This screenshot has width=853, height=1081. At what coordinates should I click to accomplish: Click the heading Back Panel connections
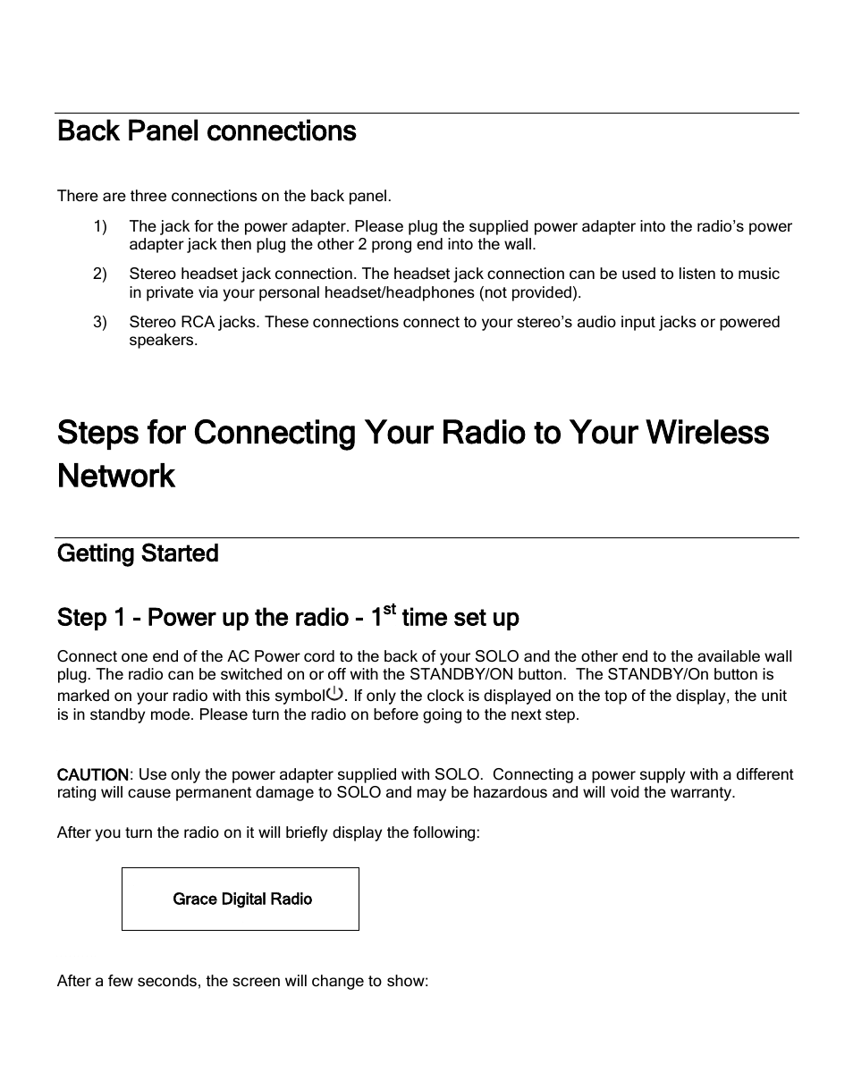point(207,131)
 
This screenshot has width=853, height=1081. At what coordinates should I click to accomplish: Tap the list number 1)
point(99,226)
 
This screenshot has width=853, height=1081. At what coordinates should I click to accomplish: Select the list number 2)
point(99,274)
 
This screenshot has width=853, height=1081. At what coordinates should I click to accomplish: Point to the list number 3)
point(99,322)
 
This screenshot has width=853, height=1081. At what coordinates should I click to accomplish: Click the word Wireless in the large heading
point(706,433)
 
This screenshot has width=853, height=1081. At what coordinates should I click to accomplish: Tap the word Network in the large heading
point(116,476)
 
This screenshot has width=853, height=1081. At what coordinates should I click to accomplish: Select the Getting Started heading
point(138,553)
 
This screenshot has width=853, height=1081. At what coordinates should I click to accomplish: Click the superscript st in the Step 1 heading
point(389,611)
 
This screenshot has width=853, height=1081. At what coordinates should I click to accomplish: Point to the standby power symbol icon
point(335,694)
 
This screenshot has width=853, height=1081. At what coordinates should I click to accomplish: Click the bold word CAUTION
point(93,774)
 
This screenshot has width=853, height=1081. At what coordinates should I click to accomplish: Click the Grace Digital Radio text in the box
point(242,899)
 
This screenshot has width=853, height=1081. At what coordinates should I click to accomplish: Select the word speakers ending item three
point(162,341)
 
